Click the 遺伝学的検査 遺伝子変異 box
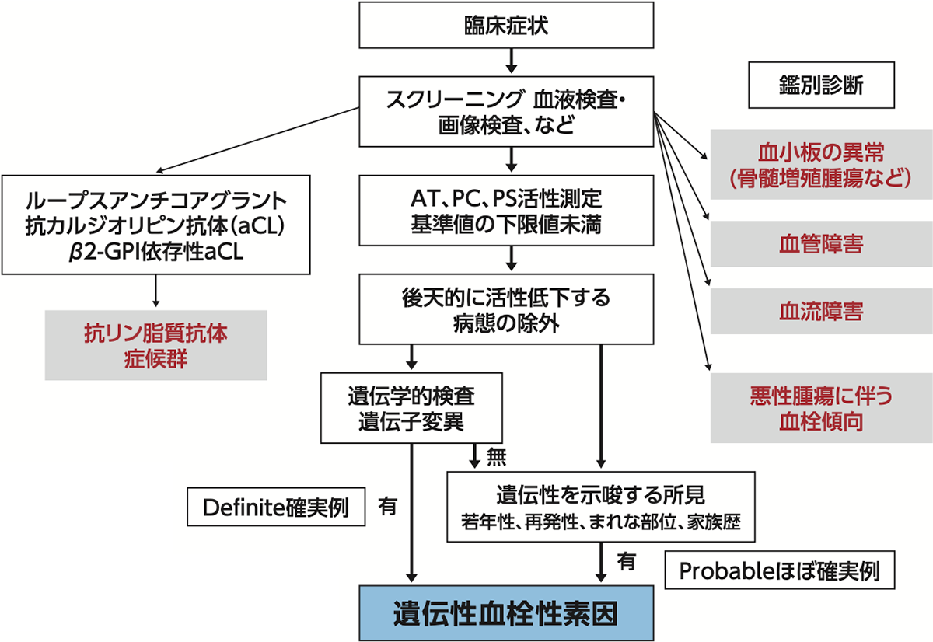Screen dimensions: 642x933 (411, 408)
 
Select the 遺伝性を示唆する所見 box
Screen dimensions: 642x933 (600, 505)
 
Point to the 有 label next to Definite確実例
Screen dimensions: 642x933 (388, 506)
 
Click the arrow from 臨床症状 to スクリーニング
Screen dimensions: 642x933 (511, 59)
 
